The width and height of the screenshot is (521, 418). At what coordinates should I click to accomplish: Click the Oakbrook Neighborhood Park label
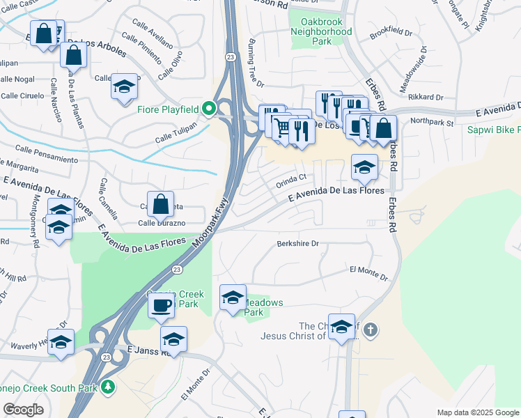coord(321,32)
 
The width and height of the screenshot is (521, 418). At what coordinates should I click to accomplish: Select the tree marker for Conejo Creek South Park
coord(107,386)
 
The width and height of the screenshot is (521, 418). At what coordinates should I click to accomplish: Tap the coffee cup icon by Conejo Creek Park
coord(161,305)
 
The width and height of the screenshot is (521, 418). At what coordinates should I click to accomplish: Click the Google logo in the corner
coord(23,410)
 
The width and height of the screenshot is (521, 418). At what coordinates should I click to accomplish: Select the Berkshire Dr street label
coord(297,244)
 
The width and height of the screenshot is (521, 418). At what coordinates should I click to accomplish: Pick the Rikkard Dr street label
coord(427,97)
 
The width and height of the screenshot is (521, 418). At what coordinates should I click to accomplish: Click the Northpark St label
coord(432,123)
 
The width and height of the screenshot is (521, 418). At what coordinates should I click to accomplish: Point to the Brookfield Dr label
coord(391,33)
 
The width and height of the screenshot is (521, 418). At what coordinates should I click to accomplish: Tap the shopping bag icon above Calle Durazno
coord(160,204)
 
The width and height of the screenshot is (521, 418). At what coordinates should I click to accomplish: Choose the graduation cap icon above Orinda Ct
coord(364,167)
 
